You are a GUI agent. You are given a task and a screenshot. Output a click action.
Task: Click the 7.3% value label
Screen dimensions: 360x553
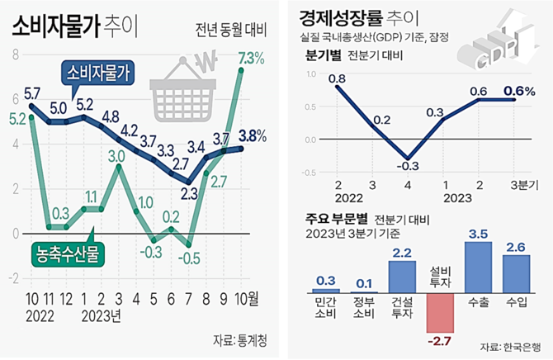pos(250,59)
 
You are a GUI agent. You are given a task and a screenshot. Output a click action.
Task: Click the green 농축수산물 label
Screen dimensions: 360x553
pos(66,253)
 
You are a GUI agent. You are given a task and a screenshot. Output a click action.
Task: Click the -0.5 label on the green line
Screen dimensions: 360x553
pos(191,258)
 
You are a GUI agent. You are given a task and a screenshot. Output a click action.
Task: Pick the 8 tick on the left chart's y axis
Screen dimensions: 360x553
pos(14,54)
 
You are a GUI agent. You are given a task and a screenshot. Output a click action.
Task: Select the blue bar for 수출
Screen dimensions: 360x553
pos(479,267)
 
